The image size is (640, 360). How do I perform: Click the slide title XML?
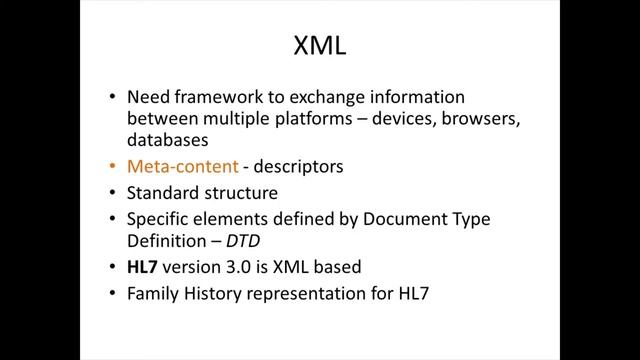320,46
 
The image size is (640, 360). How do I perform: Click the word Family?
151,295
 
